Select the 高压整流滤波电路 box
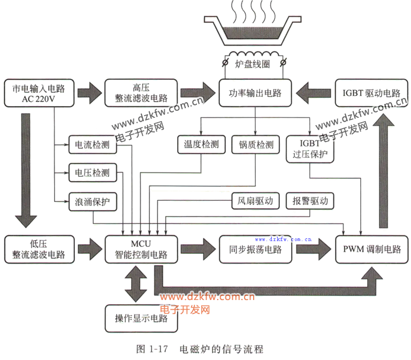click(x=141, y=93)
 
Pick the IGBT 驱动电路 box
click(x=371, y=93)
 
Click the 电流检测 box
click(x=93, y=145)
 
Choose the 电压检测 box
click(x=93, y=172)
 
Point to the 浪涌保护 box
click(x=93, y=201)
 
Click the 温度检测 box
click(x=201, y=145)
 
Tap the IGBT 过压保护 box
click(x=310, y=149)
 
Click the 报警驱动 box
click(x=310, y=201)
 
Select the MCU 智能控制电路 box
click(x=141, y=249)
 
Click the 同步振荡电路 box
click(x=256, y=249)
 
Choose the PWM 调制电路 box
click(x=372, y=249)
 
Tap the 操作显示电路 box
click(x=141, y=318)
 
